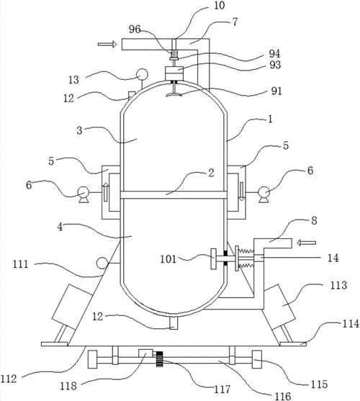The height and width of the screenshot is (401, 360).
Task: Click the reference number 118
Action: tap(68, 385)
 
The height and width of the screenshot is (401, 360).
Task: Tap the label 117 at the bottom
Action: tap(222, 389)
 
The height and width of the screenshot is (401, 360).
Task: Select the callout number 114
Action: tap(351, 324)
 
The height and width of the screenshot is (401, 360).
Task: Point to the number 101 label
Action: tap(168, 259)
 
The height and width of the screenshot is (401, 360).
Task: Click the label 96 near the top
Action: tap(135, 30)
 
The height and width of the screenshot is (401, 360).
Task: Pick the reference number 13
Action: tap(73, 80)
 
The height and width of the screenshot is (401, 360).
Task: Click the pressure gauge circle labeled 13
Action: tap(142, 74)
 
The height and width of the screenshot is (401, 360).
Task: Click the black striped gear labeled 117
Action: tap(160, 359)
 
